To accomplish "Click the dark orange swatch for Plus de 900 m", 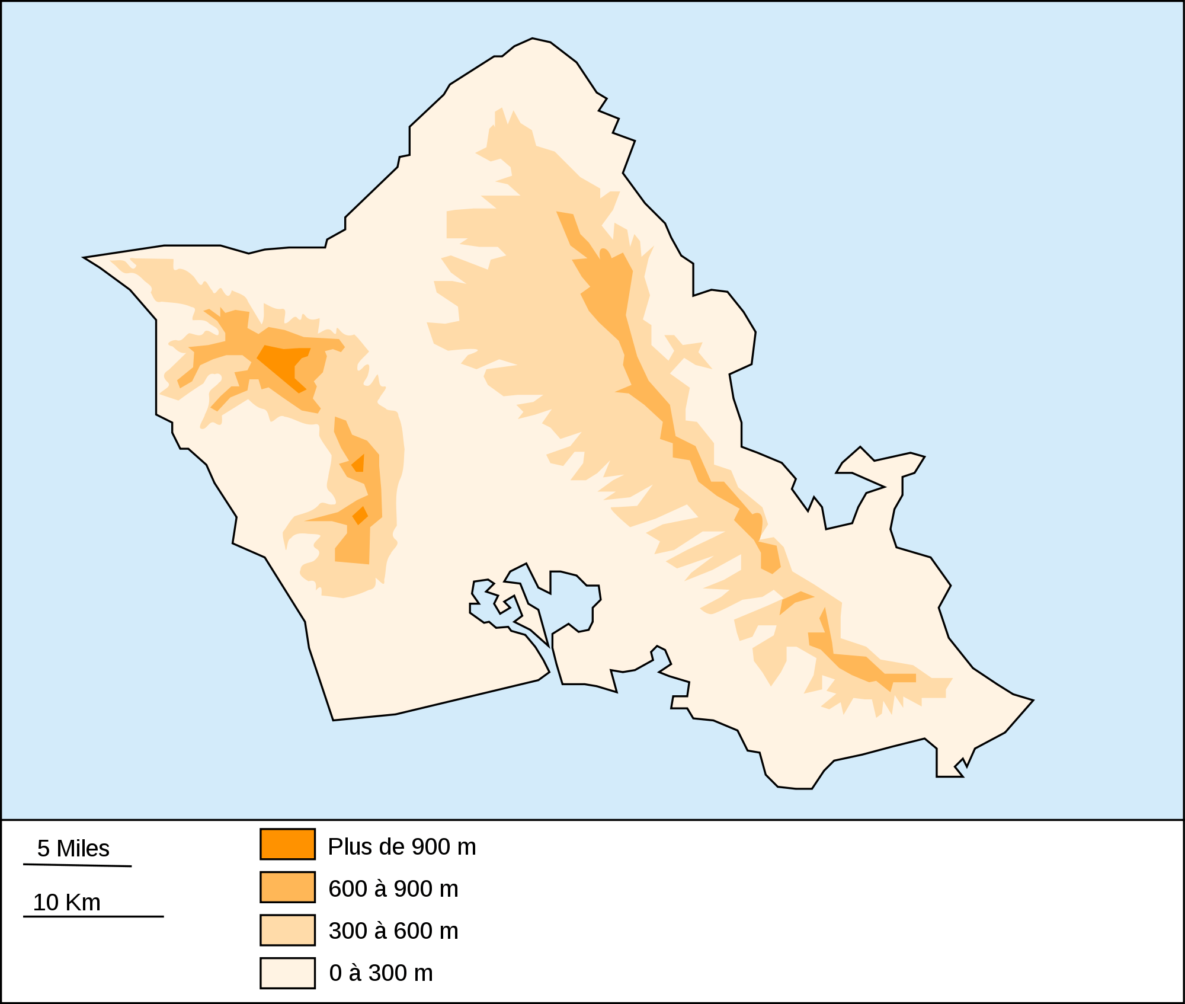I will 287,844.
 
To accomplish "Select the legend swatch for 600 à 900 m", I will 287,887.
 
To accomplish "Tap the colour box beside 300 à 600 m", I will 287,930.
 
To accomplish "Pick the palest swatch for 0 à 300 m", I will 287,973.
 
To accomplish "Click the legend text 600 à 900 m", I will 393,889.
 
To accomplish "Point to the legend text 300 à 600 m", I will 393,931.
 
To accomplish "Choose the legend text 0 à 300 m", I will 381,973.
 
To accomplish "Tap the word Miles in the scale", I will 83,849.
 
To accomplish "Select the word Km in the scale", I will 84,903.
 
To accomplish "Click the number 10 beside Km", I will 46,903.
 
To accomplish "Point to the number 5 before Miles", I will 43,849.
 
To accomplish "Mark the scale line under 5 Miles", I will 77,865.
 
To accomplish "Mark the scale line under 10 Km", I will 93,917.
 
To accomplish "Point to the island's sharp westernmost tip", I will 86,258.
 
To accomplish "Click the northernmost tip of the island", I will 533,39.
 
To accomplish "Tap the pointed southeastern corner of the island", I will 1031,701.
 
